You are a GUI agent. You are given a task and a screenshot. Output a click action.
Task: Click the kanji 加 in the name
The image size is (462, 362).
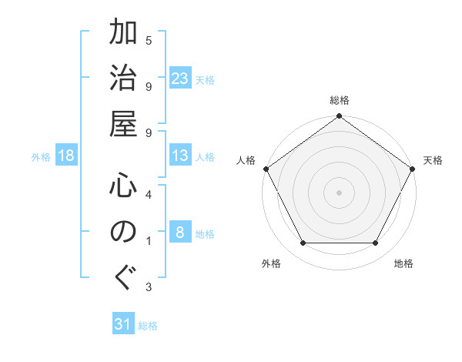click(x=123, y=35)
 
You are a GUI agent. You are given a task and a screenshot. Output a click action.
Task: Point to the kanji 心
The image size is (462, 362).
click(x=123, y=187)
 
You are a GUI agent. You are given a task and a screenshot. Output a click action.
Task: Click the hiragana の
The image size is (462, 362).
click(x=123, y=232)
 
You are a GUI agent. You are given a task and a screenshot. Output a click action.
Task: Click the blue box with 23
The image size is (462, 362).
click(x=180, y=79)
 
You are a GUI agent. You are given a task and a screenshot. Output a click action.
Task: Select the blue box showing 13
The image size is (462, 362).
click(x=180, y=156)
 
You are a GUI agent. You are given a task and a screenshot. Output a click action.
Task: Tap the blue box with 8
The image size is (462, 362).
click(x=179, y=233)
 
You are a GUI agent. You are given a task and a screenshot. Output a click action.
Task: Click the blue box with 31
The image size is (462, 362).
click(x=123, y=325)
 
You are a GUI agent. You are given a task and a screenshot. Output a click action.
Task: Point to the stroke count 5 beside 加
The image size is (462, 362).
click(x=149, y=40)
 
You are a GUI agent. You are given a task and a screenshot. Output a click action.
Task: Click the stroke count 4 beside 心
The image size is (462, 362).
click(x=149, y=195)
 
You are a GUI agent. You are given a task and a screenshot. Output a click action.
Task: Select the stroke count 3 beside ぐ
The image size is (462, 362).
click(x=149, y=287)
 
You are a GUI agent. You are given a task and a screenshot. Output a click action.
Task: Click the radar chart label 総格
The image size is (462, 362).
click(x=340, y=101)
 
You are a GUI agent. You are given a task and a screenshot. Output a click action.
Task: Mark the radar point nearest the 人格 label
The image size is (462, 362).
click(x=266, y=169)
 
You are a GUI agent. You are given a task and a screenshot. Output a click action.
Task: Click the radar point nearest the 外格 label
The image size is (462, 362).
click(x=303, y=243)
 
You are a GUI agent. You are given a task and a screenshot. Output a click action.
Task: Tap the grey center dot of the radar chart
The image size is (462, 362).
click(x=340, y=193)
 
